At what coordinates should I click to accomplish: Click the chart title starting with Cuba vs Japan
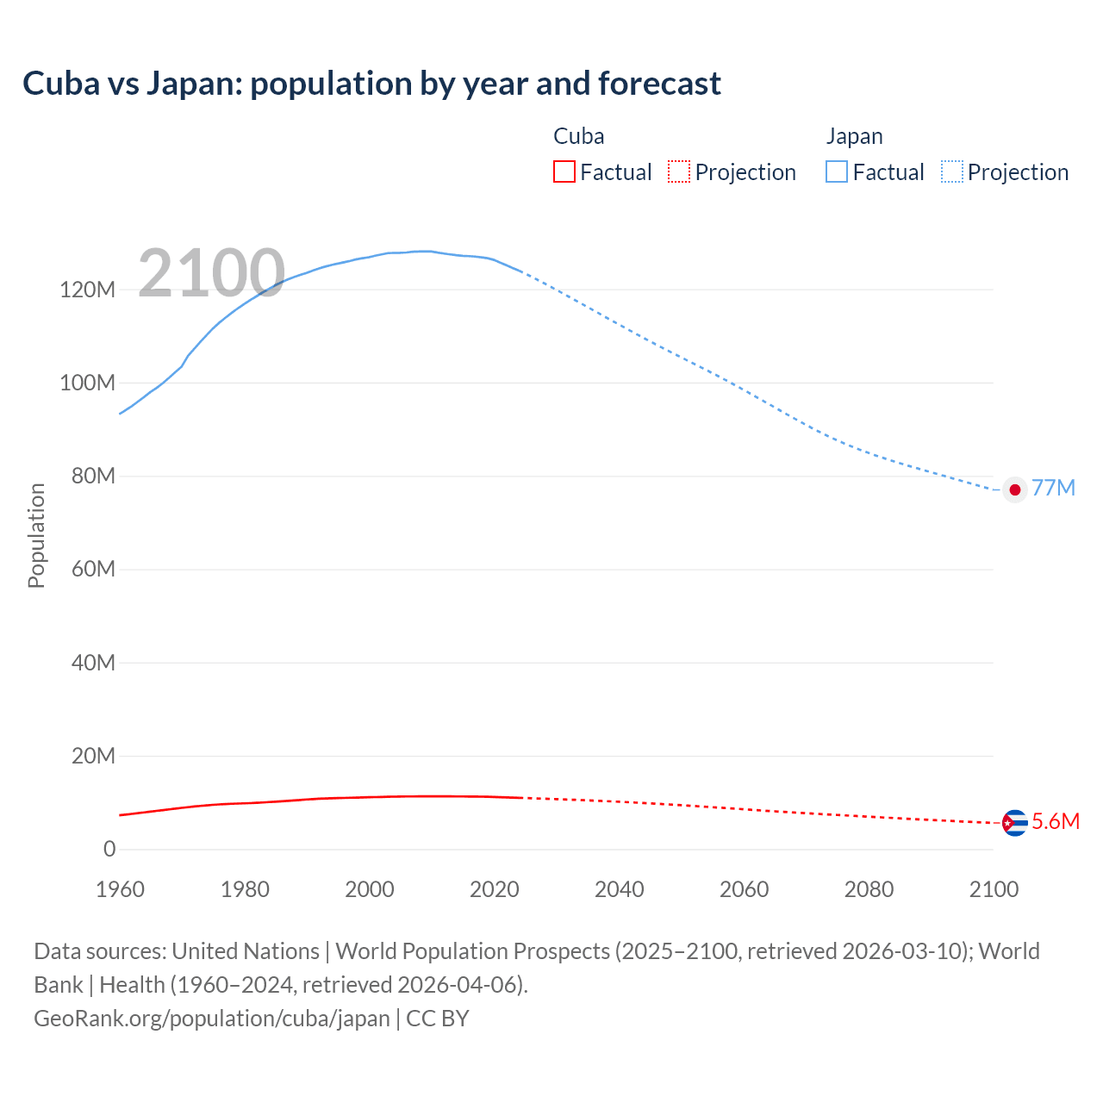(371, 84)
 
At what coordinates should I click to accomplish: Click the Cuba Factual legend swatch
(564, 172)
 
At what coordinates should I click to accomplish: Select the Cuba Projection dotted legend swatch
(679, 172)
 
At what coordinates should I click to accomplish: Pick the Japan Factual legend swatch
(837, 172)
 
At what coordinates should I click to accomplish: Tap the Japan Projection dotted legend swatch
(952, 172)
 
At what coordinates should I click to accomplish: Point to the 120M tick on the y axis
(87, 290)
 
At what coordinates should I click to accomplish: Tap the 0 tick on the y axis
(109, 849)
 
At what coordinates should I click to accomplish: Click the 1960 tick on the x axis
(120, 889)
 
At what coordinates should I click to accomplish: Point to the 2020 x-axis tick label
(495, 889)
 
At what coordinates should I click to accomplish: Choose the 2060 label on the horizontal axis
(744, 889)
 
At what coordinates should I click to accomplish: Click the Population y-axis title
(36, 535)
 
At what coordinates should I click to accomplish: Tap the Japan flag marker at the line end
(1015, 489)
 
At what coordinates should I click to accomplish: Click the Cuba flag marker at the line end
(1015, 823)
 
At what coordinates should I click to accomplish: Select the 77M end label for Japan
(1053, 488)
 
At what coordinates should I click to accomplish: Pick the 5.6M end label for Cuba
(1056, 821)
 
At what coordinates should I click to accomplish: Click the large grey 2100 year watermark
(211, 273)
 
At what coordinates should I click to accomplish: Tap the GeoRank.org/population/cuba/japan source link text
(212, 1018)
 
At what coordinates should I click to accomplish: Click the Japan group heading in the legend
(854, 136)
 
